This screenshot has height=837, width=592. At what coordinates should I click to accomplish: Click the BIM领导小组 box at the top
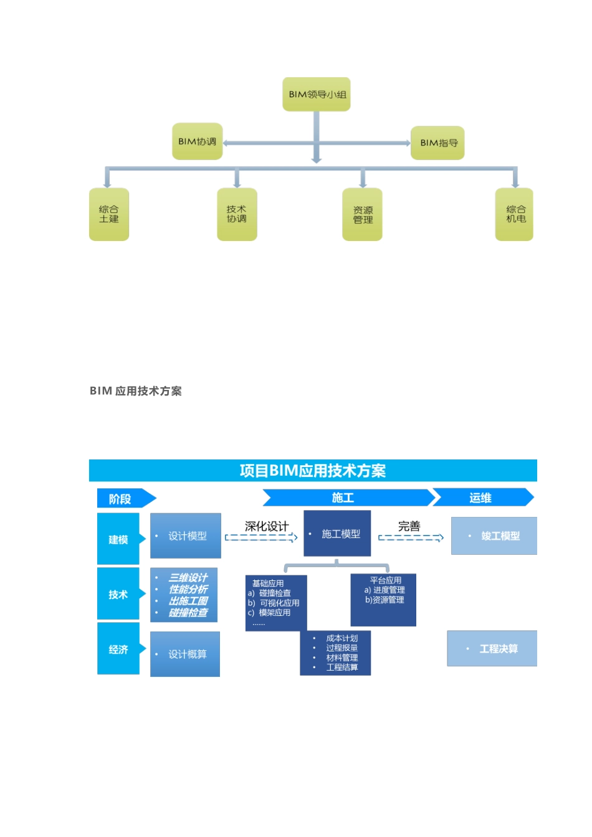(317, 95)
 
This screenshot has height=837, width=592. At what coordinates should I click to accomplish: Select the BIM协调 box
(197, 141)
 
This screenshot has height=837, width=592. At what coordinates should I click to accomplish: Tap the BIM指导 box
(438, 143)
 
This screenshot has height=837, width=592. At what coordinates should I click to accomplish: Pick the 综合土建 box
(109, 214)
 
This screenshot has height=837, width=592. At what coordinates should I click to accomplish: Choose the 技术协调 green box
(237, 214)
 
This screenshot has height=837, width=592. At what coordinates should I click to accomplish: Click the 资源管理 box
(362, 215)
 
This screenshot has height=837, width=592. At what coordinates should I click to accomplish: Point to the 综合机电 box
(515, 214)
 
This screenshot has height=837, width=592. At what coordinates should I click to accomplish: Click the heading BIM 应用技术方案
(136, 391)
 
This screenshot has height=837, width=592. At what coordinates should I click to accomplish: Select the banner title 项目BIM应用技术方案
(313, 471)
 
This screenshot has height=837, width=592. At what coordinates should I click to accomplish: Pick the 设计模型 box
(186, 536)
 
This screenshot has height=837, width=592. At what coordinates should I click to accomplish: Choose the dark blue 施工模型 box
(337, 534)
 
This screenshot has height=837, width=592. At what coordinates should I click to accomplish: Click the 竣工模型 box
(494, 536)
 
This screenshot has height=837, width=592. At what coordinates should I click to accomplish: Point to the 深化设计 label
(267, 526)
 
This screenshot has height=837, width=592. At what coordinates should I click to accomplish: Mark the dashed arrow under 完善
(411, 537)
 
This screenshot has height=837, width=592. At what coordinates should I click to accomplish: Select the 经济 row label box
(118, 650)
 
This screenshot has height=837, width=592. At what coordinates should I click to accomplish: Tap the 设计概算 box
(185, 654)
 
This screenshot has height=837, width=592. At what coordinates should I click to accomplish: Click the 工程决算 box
(492, 649)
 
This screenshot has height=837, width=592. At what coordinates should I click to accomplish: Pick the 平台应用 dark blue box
(383, 600)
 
